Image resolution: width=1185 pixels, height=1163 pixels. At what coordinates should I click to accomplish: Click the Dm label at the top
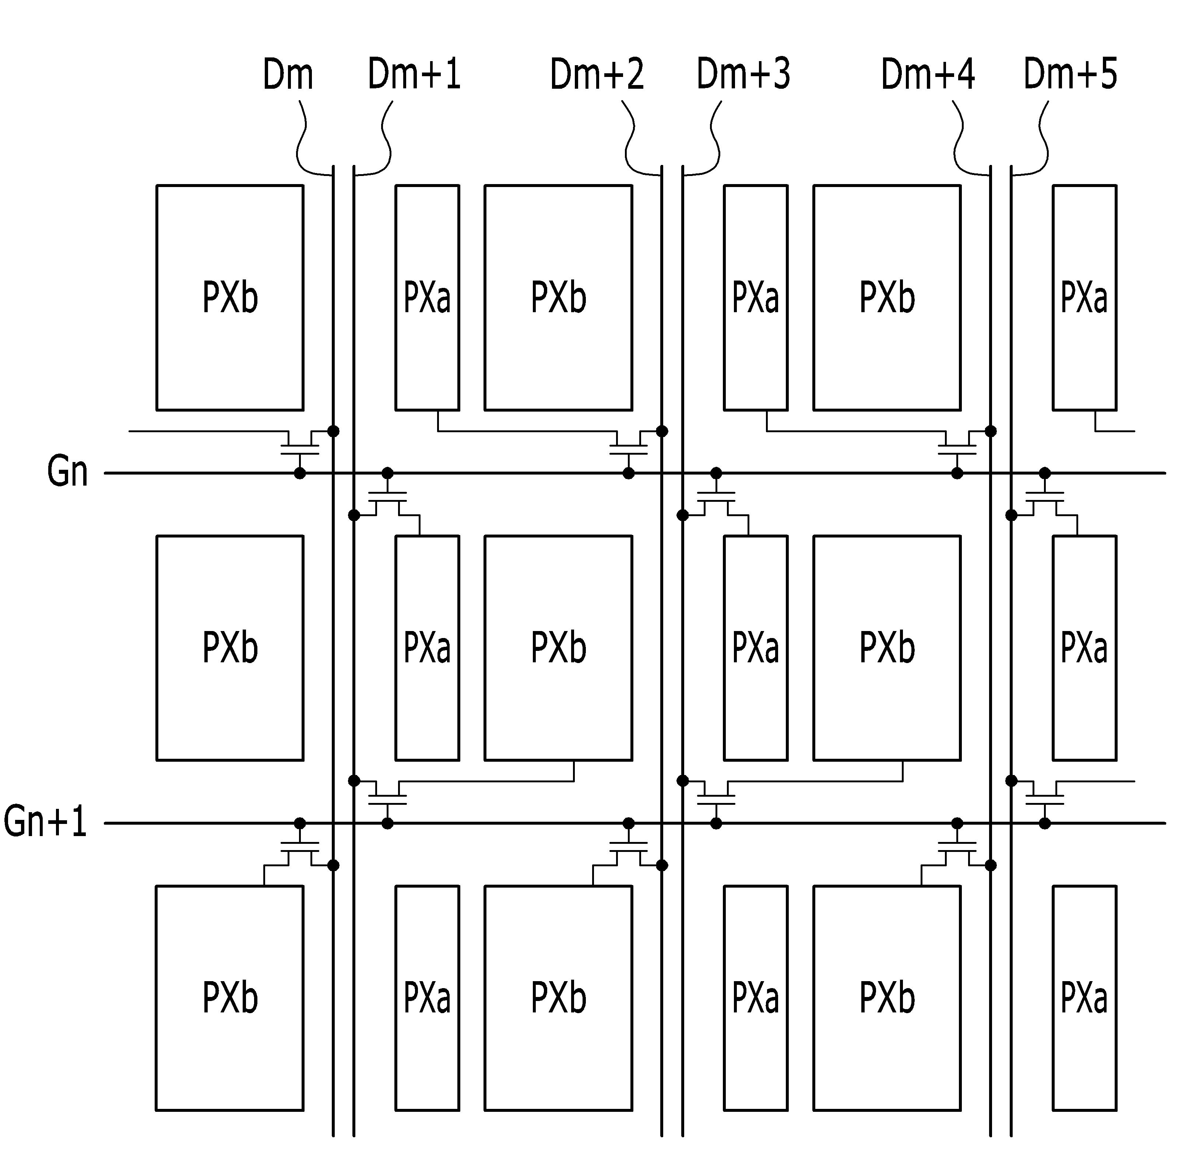pyautogui.click(x=288, y=74)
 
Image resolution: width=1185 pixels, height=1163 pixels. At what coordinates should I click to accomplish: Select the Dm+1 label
pyautogui.click(x=414, y=74)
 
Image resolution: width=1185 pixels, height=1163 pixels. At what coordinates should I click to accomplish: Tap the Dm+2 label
pyautogui.click(x=597, y=74)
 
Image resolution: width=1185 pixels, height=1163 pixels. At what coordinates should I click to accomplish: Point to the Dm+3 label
pyautogui.click(x=743, y=74)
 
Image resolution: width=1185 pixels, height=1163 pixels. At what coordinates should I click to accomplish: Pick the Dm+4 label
pyautogui.click(x=928, y=74)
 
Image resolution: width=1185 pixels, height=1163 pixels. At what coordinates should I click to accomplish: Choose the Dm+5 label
pyautogui.click(x=1070, y=74)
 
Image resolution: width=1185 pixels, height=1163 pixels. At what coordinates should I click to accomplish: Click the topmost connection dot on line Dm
pyautogui.click(x=333, y=431)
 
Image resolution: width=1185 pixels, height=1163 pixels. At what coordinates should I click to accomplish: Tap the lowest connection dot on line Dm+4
pyautogui.click(x=991, y=865)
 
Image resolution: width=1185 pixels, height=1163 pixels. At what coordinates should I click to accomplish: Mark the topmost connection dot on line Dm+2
pyautogui.click(x=661, y=431)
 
